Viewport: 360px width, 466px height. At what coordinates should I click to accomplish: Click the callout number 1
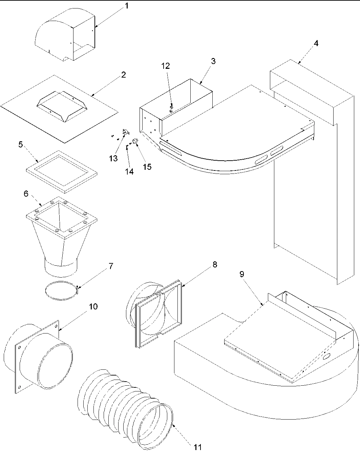pyautogui.click(x=127, y=6)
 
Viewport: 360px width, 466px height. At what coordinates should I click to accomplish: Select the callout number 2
pyautogui.click(x=123, y=75)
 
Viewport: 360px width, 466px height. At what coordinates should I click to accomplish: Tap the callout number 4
pyautogui.click(x=316, y=43)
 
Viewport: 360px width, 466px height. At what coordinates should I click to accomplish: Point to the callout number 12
pyautogui.click(x=166, y=66)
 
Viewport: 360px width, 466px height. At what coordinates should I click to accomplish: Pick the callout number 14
pyautogui.click(x=129, y=171)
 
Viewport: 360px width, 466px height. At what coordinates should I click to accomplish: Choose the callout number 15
pyautogui.click(x=147, y=167)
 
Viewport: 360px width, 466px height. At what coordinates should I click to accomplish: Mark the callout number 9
pyautogui.click(x=241, y=274)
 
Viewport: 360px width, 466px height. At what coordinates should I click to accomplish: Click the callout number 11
pyautogui.click(x=197, y=447)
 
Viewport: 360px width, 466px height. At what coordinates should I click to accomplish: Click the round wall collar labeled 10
pyautogui.click(x=41, y=356)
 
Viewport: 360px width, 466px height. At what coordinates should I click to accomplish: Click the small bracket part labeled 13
pyautogui.click(x=124, y=132)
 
